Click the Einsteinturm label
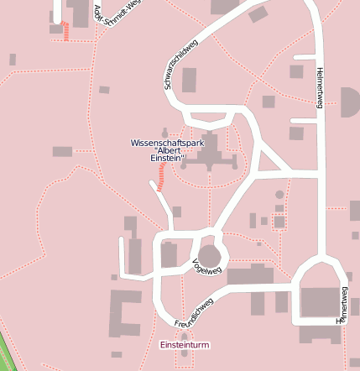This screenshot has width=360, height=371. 184,345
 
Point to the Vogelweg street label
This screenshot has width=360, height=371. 206,267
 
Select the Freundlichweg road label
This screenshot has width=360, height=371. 195,312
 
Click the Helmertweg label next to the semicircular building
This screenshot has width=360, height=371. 319,89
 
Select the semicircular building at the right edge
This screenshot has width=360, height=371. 352,102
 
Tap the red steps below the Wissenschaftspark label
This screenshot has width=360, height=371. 161,175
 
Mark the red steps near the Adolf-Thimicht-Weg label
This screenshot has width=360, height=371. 65,31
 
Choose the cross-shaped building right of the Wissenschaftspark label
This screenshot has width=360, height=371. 209,151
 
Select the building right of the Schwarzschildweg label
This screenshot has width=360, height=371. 189,80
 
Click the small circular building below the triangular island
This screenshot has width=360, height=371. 279,195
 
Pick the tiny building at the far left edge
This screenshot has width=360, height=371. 12,60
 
